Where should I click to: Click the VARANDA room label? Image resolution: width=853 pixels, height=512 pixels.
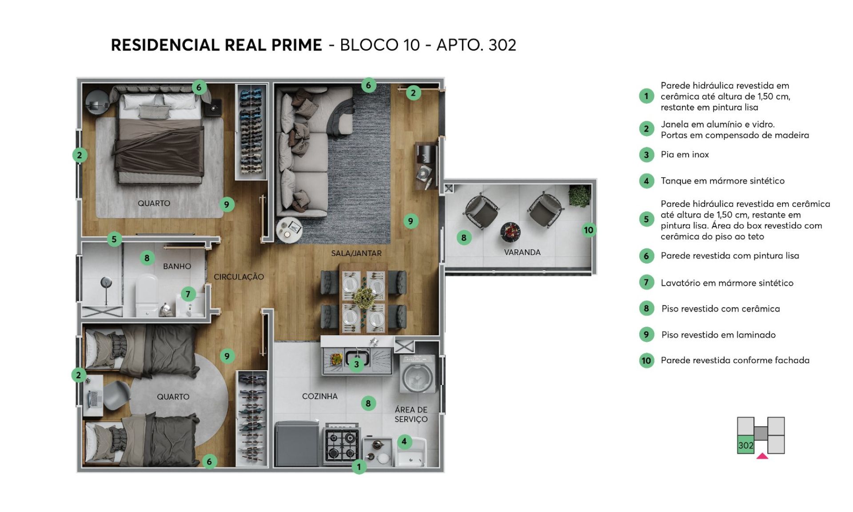click(x=522, y=252)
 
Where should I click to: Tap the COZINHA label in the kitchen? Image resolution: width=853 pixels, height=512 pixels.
click(x=320, y=396)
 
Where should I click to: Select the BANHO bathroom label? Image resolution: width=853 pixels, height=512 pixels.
click(x=177, y=266)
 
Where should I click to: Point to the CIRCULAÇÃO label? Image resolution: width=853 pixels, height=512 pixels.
click(x=239, y=277)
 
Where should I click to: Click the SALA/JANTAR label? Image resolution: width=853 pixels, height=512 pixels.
click(x=356, y=253)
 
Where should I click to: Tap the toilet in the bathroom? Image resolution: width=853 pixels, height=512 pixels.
click(x=147, y=294)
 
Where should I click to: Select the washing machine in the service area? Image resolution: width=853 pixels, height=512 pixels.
click(x=418, y=374)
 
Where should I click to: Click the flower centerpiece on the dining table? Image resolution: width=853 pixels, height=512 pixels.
click(x=364, y=297)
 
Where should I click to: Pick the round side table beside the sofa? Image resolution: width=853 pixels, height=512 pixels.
click(x=289, y=230)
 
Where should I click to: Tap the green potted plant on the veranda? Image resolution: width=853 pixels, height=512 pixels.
click(x=579, y=196)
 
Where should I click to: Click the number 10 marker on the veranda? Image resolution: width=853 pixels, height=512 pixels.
click(x=589, y=230)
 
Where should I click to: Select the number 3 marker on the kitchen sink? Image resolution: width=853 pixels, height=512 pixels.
click(x=356, y=364)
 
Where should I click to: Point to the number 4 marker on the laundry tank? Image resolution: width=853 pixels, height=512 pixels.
click(x=404, y=441)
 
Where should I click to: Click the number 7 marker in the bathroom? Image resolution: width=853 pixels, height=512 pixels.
click(x=188, y=294)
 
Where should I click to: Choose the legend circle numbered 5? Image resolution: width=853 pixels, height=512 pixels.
click(x=646, y=219)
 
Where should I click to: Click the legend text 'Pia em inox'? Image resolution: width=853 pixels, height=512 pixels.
click(x=685, y=155)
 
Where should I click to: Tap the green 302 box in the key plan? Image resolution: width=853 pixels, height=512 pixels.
click(x=746, y=445)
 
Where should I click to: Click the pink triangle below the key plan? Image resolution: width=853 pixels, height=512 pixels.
click(x=762, y=456)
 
